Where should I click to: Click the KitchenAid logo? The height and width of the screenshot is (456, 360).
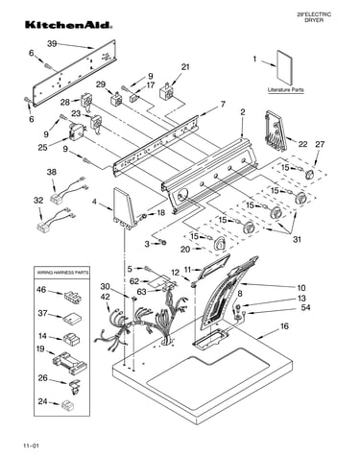click(68, 25)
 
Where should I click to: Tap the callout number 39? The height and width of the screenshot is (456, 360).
click(53, 44)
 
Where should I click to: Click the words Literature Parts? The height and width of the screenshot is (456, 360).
click(286, 90)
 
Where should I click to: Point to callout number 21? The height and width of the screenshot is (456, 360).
click(185, 67)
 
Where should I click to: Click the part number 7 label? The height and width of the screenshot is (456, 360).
click(223, 104)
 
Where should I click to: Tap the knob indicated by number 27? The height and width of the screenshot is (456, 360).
click(309, 175)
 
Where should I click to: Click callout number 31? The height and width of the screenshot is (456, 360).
click(297, 239)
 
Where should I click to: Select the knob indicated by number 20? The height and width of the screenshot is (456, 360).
click(220, 243)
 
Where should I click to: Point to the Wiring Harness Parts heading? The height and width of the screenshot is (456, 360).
click(62, 273)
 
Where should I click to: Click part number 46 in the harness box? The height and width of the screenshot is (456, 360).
click(41, 290)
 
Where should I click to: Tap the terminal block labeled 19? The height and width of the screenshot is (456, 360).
click(69, 363)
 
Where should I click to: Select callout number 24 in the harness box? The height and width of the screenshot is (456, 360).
click(42, 401)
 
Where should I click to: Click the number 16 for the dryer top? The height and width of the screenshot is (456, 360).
click(284, 326)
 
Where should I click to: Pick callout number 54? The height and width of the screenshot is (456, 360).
click(305, 307)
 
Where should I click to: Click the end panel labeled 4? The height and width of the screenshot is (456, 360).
click(124, 208)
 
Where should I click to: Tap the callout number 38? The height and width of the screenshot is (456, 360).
click(52, 172)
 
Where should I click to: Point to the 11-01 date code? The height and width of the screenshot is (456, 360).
click(31, 445)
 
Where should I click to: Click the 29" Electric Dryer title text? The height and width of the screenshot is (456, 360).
click(314, 17)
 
